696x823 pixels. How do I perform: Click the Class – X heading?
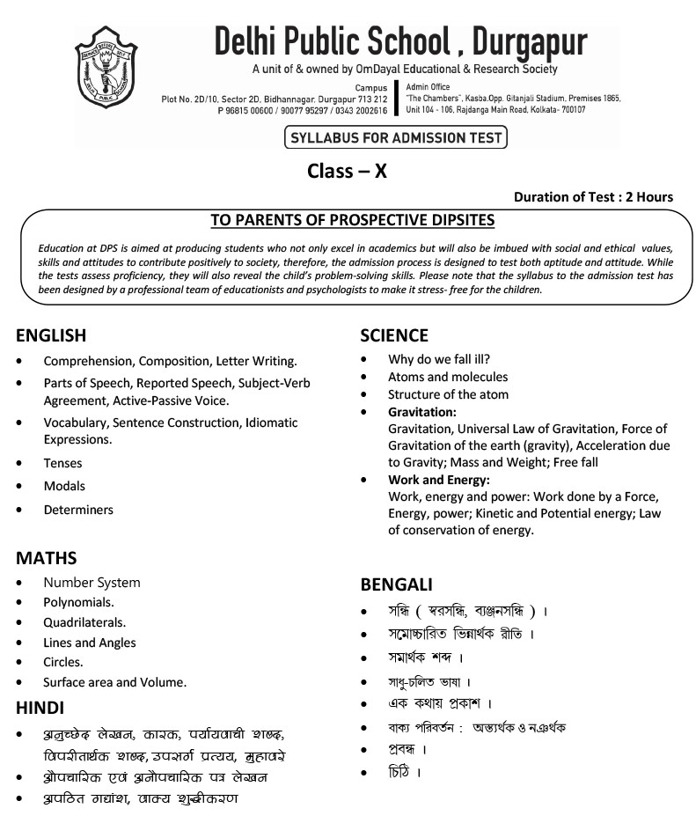click(x=347, y=171)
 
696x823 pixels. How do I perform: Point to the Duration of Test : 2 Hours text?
click(x=593, y=197)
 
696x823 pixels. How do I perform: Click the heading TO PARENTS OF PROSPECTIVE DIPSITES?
click(x=353, y=220)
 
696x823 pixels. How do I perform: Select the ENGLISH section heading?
click(x=51, y=335)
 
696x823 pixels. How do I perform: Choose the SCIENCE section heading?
click(x=394, y=335)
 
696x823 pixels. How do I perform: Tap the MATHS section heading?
click(x=46, y=558)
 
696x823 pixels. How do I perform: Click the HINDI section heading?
click(x=40, y=708)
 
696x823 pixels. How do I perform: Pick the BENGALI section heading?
click(x=396, y=584)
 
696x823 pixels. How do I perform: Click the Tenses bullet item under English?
click(x=62, y=463)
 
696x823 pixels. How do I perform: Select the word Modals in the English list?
click(x=64, y=486)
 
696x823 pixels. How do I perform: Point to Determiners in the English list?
click(x=78, y=510)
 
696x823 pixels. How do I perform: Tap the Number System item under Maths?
click(x=92, y=583)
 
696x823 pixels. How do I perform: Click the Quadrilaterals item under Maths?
click(x=84, y=622)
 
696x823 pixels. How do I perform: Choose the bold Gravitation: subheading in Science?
click(x=421, y=412)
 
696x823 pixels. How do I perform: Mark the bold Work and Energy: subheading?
click(x=438, y=481)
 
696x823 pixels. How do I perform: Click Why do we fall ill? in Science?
click(x=438, y=359)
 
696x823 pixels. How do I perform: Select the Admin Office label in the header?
click(x=429, y=87)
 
